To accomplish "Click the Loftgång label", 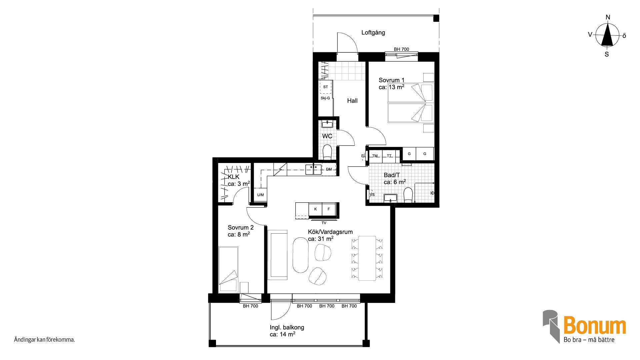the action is [373, 33].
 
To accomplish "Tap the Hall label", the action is [352, 101].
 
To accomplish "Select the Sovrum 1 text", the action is [391, 80].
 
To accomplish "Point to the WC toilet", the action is [327, 152].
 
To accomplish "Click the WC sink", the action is [327, 124].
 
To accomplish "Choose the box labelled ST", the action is [326, 87].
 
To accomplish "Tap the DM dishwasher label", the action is [329, 169].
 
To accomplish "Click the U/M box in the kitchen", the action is [261, 195].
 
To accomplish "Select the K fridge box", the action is [315, 209].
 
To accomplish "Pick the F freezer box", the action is [329, 209].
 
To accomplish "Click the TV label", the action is [324, 223].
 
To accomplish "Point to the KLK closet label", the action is [234, 177].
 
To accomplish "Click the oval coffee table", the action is [300, 255].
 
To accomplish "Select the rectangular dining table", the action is [367, 258].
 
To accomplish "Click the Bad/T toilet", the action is [408, 195].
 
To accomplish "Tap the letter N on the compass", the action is [608, 17].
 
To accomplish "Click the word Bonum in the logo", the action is [595, 325].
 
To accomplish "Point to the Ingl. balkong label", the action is [287, 327].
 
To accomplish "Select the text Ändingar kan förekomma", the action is [44, 340].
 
